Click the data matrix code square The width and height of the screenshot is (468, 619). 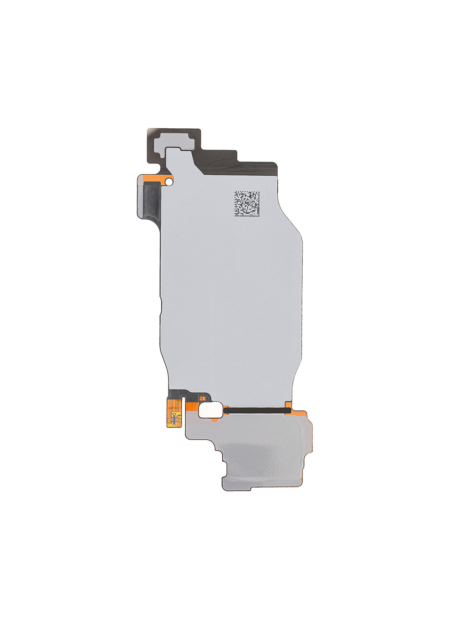pos(247,204)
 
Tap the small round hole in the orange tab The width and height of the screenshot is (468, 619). pos(169,181)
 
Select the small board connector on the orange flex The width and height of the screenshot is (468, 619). pos(174,419)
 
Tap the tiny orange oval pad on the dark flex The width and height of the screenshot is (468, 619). pos(202,399)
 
